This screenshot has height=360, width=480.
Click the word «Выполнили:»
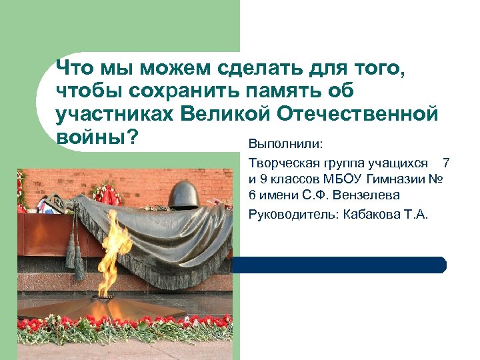coord(285,145)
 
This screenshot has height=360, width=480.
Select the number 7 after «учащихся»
coord(446,162)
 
